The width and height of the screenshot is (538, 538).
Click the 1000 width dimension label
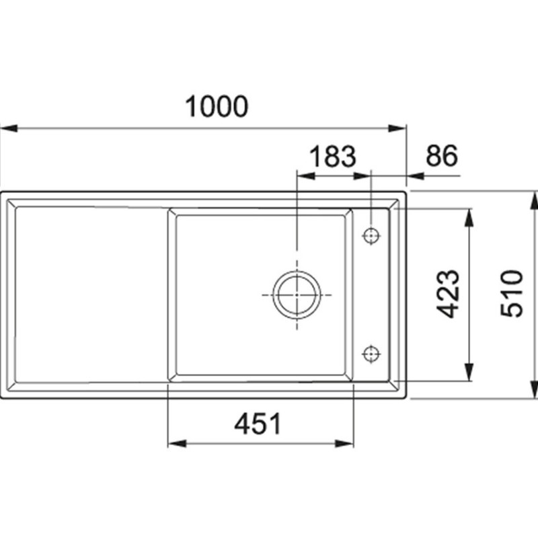point(217,106)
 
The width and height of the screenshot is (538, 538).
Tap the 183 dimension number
point(333,157)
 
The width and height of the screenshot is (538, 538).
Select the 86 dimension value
point(442,155)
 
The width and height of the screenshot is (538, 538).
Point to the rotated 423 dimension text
point(447,294)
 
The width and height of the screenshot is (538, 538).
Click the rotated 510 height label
point(512,293)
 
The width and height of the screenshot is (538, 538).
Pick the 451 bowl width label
point(258,424)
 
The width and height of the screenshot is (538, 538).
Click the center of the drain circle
point(297,295)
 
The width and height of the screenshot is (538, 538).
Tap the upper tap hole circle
point(371,236)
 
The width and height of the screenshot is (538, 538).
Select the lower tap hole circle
point(371,353)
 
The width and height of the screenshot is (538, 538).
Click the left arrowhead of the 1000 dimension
point(9,128)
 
